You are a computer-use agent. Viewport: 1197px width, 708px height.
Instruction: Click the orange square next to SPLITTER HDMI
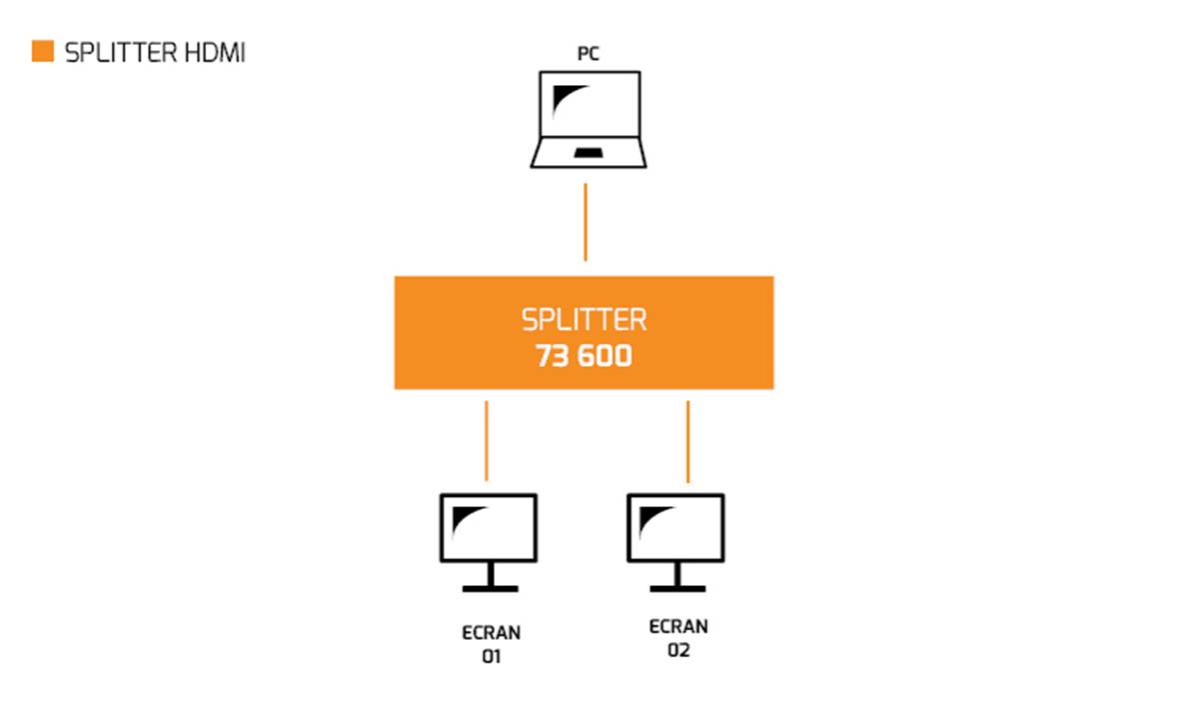(x=42, y=52)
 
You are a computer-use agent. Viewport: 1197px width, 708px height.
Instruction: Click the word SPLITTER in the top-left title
(x=121, y=53)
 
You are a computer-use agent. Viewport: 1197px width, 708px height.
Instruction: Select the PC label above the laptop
(x=588, y=54)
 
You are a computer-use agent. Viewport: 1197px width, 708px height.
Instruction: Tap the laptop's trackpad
(x=588, y=152)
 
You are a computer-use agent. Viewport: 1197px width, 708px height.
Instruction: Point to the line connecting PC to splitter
(x=586, y=221)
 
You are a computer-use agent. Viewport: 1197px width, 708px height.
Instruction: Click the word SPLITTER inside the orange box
(x=584, y=319)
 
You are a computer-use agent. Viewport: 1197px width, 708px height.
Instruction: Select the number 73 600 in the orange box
(x=584, y=356)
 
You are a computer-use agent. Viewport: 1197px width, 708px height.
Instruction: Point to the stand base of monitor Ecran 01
(x=489, y=587)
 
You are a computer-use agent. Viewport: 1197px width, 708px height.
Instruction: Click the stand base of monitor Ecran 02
(x=675, y=587)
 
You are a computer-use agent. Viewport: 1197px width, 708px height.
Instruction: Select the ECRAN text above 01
(x=491, y=633)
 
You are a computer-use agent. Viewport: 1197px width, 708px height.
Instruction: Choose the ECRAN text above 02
(x=678, y=627)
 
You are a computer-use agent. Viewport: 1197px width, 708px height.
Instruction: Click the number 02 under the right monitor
(x=678, y=650)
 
